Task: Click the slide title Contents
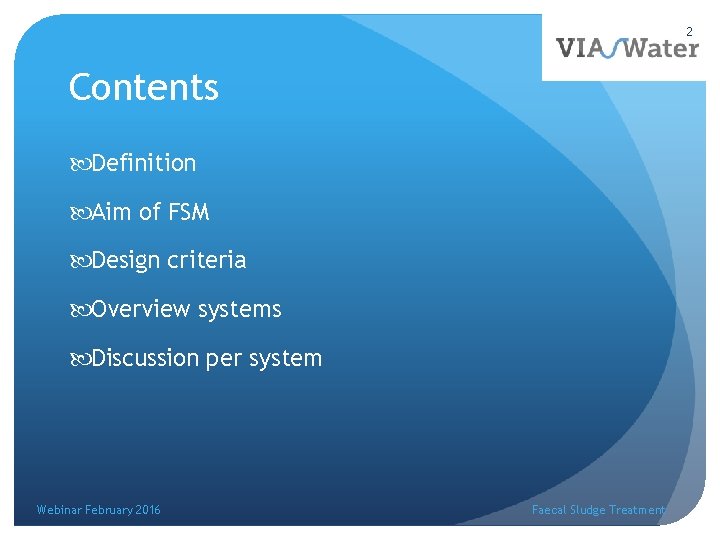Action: [x=143, y=88]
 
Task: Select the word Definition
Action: [x=143, y=162]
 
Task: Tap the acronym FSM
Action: [x=188, y=211]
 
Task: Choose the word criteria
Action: [x=206, y=260]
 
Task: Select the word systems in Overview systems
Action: [x=240, y=310]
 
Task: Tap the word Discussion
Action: [x=145, y=358]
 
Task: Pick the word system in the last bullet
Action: [x=286, y=359]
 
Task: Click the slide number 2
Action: [x=689, y=32]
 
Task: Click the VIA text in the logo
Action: [x=581, y=48]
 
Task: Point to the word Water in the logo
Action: [x=660, y=48]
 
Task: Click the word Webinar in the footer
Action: [x=59, y=510]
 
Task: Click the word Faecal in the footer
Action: [x=549, y=510]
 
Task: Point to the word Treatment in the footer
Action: [x=637, y=510]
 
